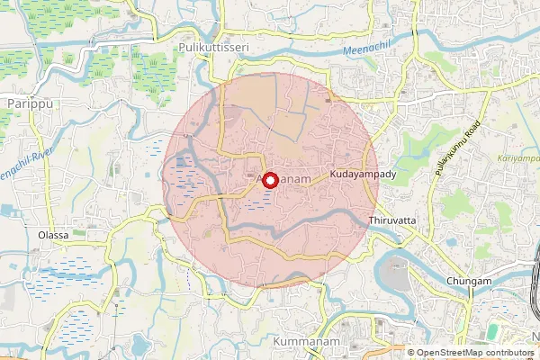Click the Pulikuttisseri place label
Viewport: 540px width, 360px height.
pos(213,45)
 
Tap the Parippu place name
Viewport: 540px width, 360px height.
pos(26,104)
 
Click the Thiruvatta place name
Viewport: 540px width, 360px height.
pos(392,220)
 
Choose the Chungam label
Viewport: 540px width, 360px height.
pos(469,282)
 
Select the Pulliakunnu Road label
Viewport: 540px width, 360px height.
pos(457,159)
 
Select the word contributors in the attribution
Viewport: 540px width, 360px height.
pos(507,353)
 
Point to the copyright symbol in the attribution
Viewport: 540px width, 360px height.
pos(411,353)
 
